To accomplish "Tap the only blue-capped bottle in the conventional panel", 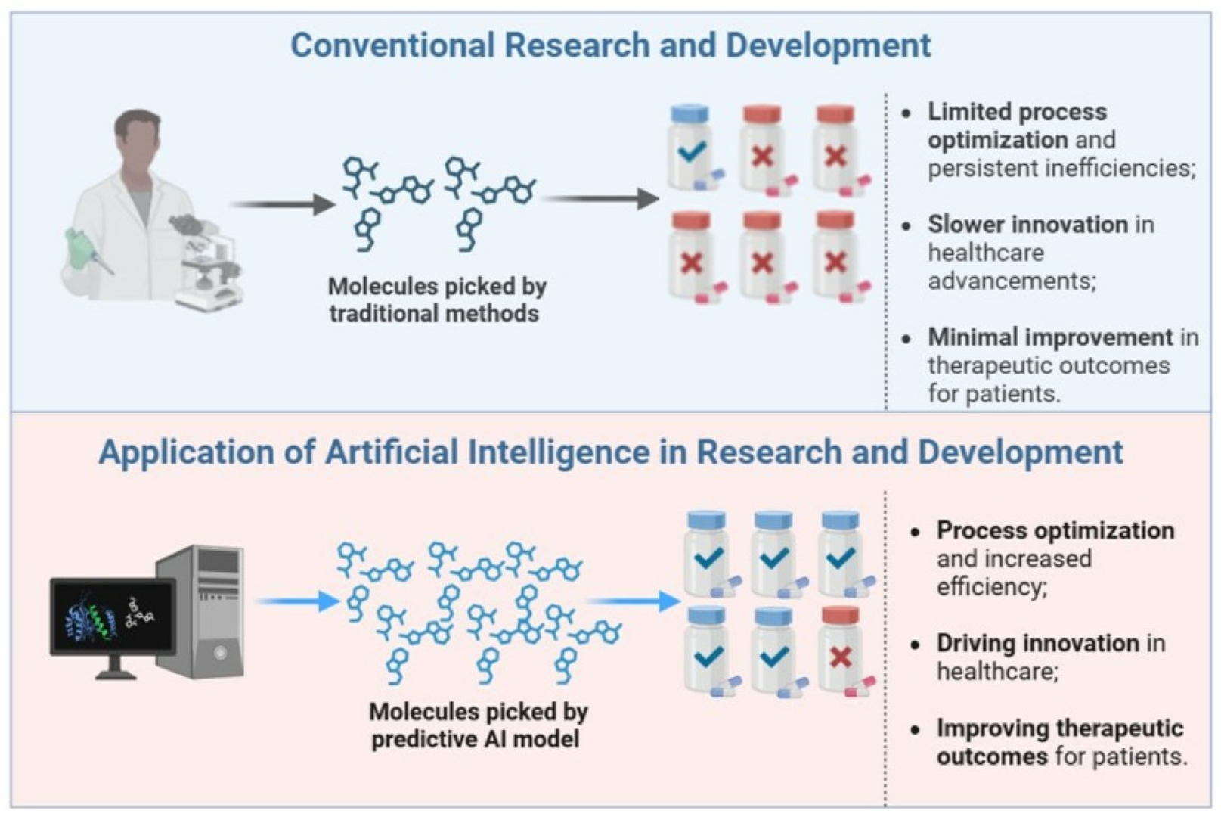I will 691,148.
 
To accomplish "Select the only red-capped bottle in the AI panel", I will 840,651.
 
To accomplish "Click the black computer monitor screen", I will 112,617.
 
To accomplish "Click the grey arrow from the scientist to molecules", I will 281,203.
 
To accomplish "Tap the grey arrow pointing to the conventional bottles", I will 600,199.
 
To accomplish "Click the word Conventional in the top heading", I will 392,45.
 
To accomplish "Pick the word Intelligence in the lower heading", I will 559,452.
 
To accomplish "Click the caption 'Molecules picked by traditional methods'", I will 436,300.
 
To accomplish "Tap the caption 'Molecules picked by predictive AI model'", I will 478,725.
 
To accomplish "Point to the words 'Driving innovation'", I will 1037,643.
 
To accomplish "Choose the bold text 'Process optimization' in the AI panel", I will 1055,530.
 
